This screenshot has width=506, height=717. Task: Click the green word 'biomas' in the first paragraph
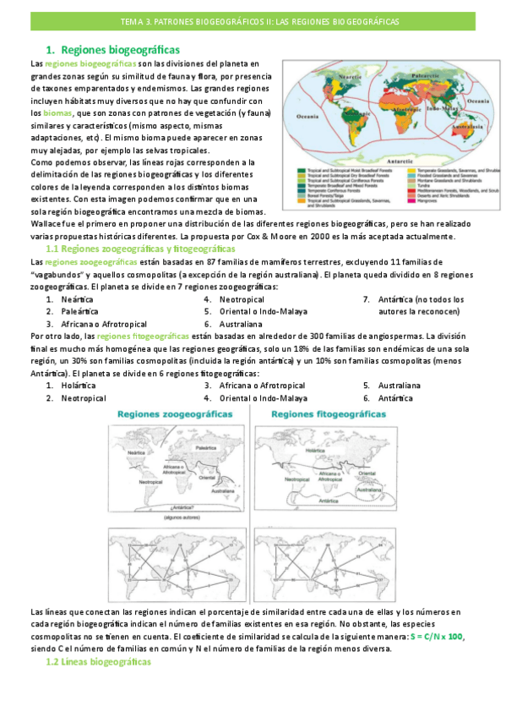[58, 112]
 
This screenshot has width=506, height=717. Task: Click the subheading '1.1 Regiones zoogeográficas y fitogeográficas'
[139, 250]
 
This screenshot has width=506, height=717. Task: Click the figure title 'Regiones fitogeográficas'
[322, 414]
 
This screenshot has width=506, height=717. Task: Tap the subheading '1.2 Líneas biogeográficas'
[97, 662]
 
